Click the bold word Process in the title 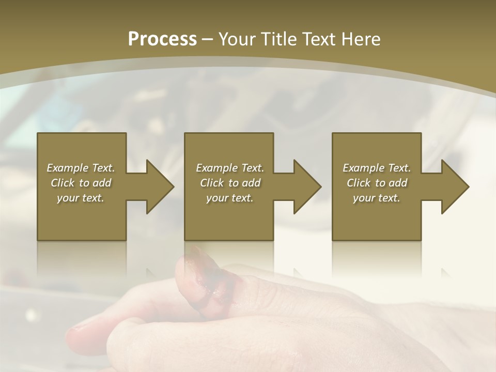coord(162,39)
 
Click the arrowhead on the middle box coord(307,187)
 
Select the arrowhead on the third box coord(455,187)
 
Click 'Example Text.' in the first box coord(81,168)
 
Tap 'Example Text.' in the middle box coord(229,168)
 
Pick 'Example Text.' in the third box coord(377,168)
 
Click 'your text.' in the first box coord(81,198)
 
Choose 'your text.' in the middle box coord(229,198)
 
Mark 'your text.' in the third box coord(377,198)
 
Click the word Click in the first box coord(63,183)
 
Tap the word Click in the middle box coord(212,183)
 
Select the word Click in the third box coord(359,183)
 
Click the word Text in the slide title coord(317,39)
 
